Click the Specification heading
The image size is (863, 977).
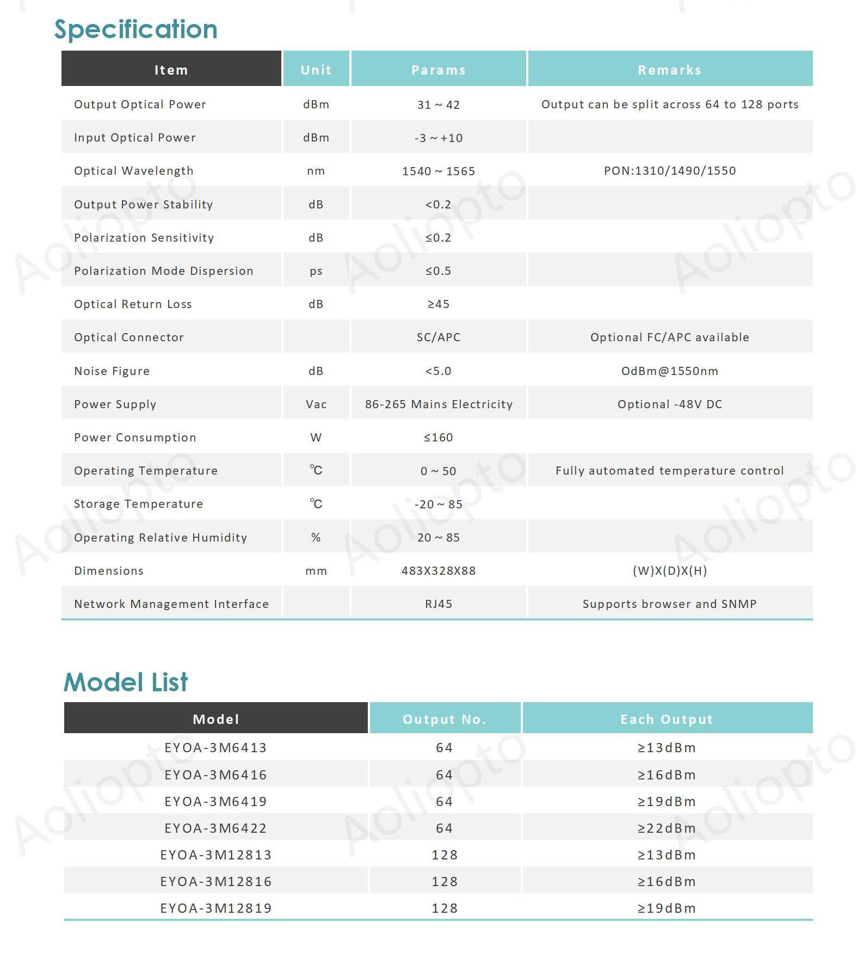coord(135,29)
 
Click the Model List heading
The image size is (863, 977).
coord(126,682)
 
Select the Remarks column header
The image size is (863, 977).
coord(669,70)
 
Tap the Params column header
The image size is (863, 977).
coord(439,70)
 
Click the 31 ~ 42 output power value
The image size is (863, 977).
coord(439,105)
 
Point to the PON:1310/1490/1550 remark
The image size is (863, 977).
coord(669,171)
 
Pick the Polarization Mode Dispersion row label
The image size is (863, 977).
coord(164,271)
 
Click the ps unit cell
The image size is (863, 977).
coord(316,271)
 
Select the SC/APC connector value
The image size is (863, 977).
coord(439,337)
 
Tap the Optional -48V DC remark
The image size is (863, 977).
coord(669,404)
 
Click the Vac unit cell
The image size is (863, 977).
coord(316,404)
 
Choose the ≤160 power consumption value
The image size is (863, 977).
coord(439,438)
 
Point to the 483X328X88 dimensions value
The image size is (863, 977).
coord(439,571)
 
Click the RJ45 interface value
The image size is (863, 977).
coord(439,604)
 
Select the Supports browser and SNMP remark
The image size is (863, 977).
coord(669,604)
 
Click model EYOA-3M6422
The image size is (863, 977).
coord(215,828)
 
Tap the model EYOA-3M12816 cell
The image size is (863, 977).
coord(215,882)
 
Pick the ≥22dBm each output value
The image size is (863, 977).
coord(667,828)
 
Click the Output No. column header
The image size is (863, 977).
coord(445,720)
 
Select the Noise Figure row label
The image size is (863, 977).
coord(112,371)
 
